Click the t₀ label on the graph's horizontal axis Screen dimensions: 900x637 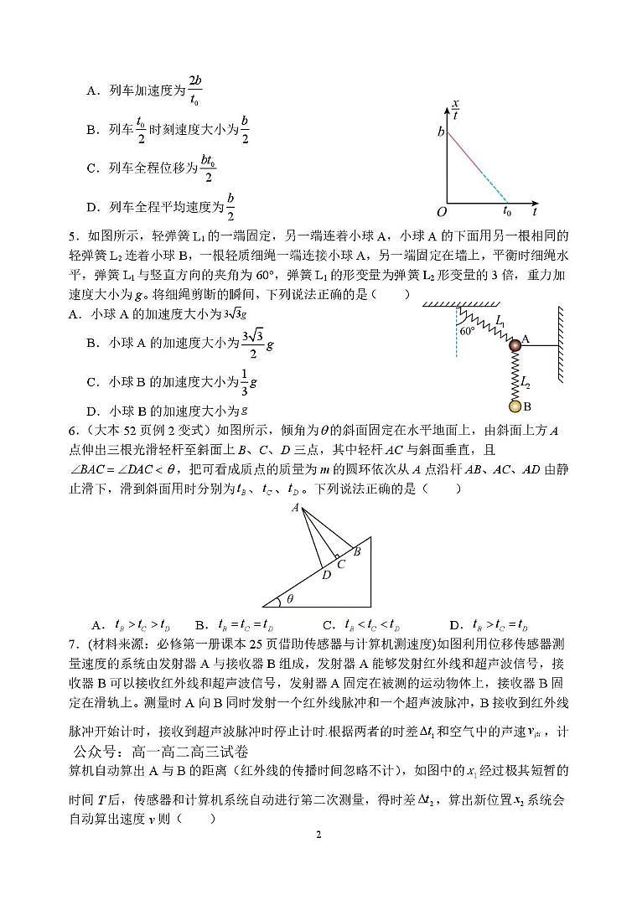[507, 212]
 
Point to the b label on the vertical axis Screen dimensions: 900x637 [440, 132]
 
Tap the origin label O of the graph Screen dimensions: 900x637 [440, 211]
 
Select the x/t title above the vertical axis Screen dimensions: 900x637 [456, 110]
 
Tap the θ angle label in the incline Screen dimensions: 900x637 [290, 598]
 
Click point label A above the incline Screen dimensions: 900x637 [295, 508]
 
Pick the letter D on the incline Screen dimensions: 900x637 [326, 575]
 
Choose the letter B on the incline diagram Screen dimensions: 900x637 [357, 551]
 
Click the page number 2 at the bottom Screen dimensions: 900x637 [318, 835]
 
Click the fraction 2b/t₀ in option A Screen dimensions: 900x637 [194, 90]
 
